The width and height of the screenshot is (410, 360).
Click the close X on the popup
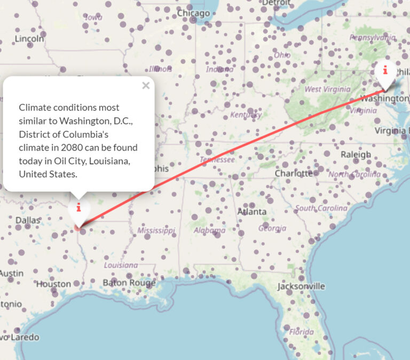[146, 85]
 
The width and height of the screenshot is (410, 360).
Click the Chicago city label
[193, 13]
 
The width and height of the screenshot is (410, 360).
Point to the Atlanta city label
[252, 212]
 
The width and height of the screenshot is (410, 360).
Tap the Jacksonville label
[301, 286]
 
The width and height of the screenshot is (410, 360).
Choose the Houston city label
[53, 284]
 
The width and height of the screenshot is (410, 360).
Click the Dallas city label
[28, 220]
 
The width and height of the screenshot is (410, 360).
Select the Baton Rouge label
[129, 282]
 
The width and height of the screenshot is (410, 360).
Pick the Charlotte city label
[294, 173]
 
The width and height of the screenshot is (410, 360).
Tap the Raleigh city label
[356, 155]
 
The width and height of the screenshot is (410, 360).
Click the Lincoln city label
[29, 38]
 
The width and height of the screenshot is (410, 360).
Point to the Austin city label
[12, 273]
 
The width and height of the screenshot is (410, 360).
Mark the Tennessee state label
[217, 159]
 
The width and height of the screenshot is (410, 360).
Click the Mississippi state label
[156, 230]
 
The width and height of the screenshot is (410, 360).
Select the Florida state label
[301, 332]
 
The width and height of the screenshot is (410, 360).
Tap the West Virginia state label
[327, 89]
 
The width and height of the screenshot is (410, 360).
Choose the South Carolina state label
[321, 208]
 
